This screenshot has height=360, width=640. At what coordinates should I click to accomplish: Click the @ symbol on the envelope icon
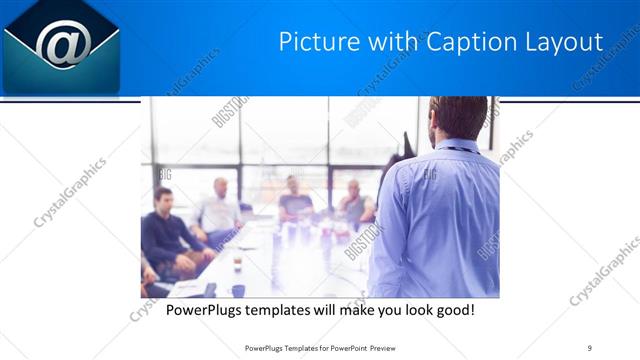pos(63,43)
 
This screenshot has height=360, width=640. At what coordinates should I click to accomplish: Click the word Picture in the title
pos(313,42)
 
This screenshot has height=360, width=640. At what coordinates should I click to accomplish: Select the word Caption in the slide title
pos(447,42)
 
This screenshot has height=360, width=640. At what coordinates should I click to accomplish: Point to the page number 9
pos(590,347)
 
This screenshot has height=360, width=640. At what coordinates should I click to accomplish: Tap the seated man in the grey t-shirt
pos(295,199)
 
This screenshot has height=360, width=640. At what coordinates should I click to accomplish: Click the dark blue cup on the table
pos(238,290)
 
